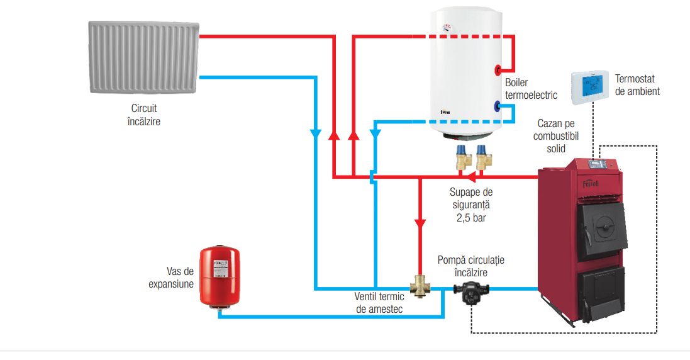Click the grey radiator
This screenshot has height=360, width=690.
(x=144, y=57)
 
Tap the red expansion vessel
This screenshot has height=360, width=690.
(x=220, y=276)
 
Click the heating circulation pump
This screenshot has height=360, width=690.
(x=471, y=293)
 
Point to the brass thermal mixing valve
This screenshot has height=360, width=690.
(x=420, y=286)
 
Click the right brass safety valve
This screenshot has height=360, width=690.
(x=484, y=157)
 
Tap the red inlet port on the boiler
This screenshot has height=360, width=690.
(x=498, y=70)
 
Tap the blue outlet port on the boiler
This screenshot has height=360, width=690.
(x=498, y=106)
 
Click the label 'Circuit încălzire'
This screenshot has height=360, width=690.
(x=144, y=115)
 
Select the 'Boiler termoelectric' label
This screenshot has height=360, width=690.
(x=531, y=89)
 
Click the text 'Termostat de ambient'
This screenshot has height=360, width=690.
(x=637, y=85)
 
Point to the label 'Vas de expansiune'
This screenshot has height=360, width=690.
(x=171, y=278)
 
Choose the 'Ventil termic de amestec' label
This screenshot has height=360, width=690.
(x=379, y=303)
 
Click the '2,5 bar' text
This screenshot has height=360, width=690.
(x=471, y=218)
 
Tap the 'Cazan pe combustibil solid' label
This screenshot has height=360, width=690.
(x=556, y=136)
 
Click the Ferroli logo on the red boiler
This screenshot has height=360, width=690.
(x=591, y=184)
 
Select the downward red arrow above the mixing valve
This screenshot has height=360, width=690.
(x=420, y=224)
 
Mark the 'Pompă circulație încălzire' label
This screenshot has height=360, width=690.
(x=471, y=266)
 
